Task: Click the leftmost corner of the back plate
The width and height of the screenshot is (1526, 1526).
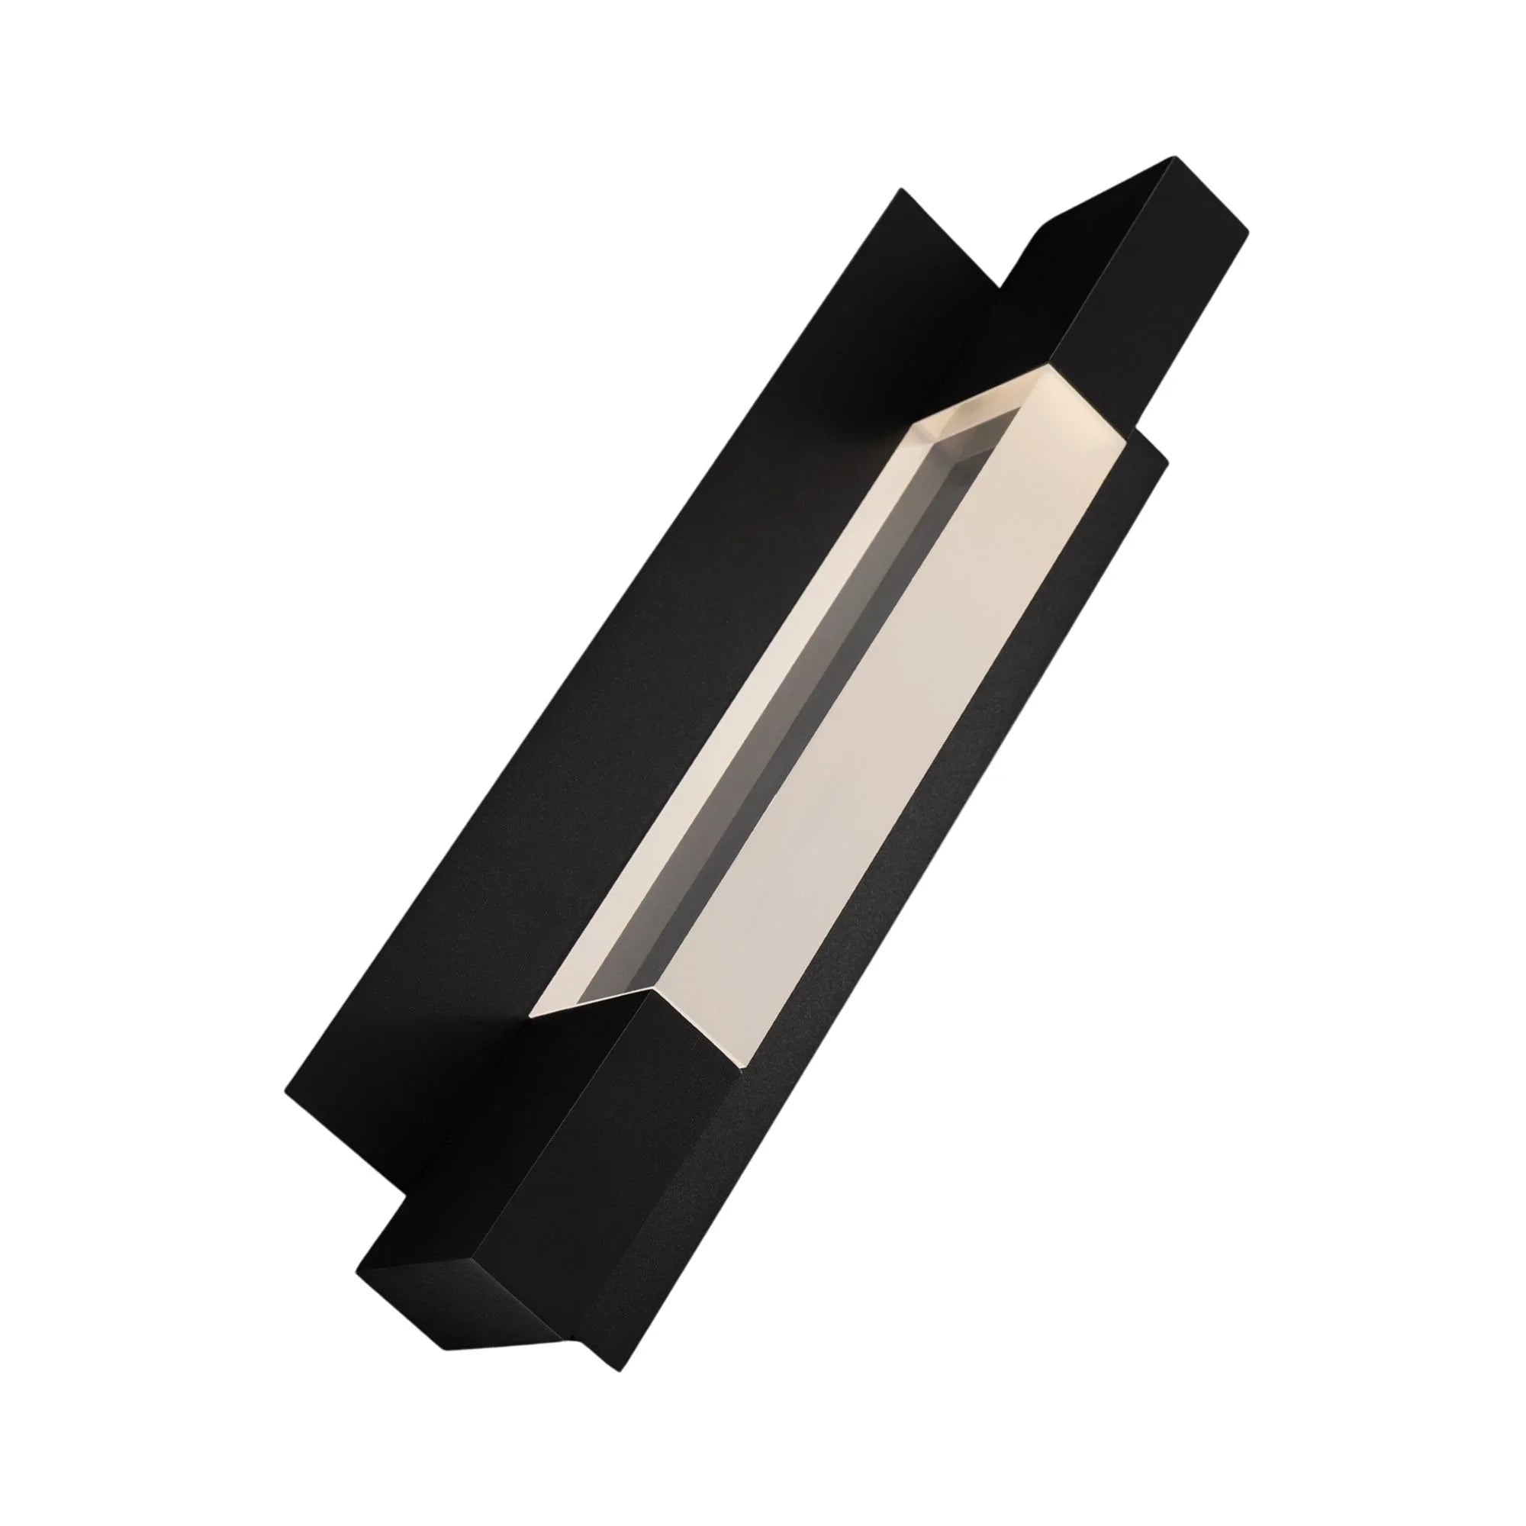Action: [285, 1093]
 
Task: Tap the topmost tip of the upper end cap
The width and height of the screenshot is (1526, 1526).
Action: [1169, 158]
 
